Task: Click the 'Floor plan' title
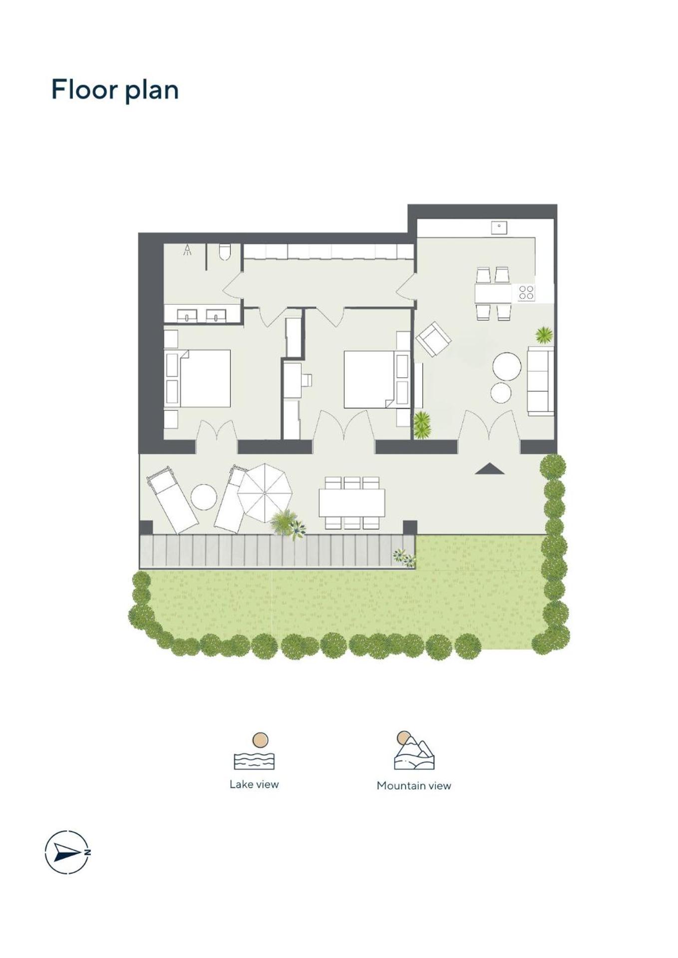115,90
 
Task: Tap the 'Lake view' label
254,784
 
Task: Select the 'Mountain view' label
413,785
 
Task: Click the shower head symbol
187,250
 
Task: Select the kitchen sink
499,228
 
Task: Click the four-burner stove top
526,292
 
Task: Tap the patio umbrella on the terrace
264,492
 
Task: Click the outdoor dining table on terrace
351,502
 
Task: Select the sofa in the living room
541,381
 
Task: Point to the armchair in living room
433,338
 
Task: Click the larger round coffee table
507,367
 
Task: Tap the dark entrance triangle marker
489,469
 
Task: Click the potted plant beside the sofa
544,335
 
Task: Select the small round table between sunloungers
204,497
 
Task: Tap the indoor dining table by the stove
493,293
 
